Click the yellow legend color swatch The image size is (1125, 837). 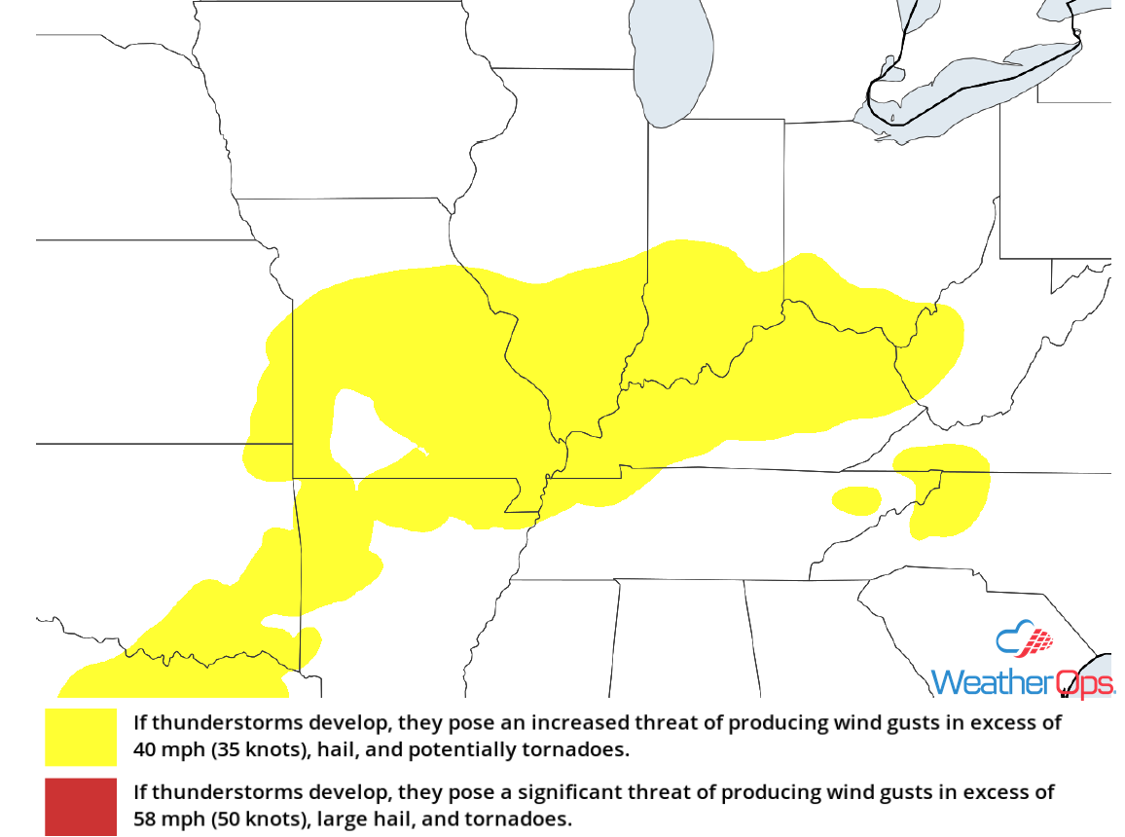click(x=81, y=737)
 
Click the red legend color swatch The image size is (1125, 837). click(x=81, y=807)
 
